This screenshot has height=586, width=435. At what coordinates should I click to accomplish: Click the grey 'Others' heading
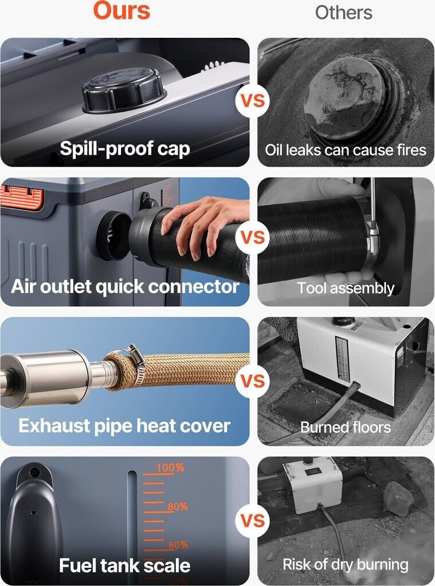(x=344, y=13)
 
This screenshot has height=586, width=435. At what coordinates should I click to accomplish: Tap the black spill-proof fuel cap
(x=124, y=90)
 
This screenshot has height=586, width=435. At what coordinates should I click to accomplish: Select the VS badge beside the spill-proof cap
(x=253, y=101)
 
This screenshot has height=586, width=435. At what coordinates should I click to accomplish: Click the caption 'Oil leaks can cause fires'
(x=346, y=150)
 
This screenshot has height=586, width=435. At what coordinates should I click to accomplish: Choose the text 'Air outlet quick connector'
(x=125, y=287)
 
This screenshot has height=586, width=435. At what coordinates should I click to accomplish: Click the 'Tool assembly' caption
(x=346, y=288)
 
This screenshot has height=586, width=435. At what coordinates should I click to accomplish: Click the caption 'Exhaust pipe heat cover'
(x=124, y=426)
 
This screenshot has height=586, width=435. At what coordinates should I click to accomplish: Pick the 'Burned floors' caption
(x=346, y=427)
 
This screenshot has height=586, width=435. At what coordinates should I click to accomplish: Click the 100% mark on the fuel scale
(x=170, y=468)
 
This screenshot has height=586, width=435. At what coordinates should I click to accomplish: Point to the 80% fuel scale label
(x=178, y=507)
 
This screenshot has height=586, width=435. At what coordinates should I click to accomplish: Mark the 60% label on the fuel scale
(x=178, y=545)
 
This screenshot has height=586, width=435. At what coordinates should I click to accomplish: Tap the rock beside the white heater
(x=398, y=498)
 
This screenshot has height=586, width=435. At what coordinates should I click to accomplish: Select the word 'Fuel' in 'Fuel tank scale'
(x=77, y=565)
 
